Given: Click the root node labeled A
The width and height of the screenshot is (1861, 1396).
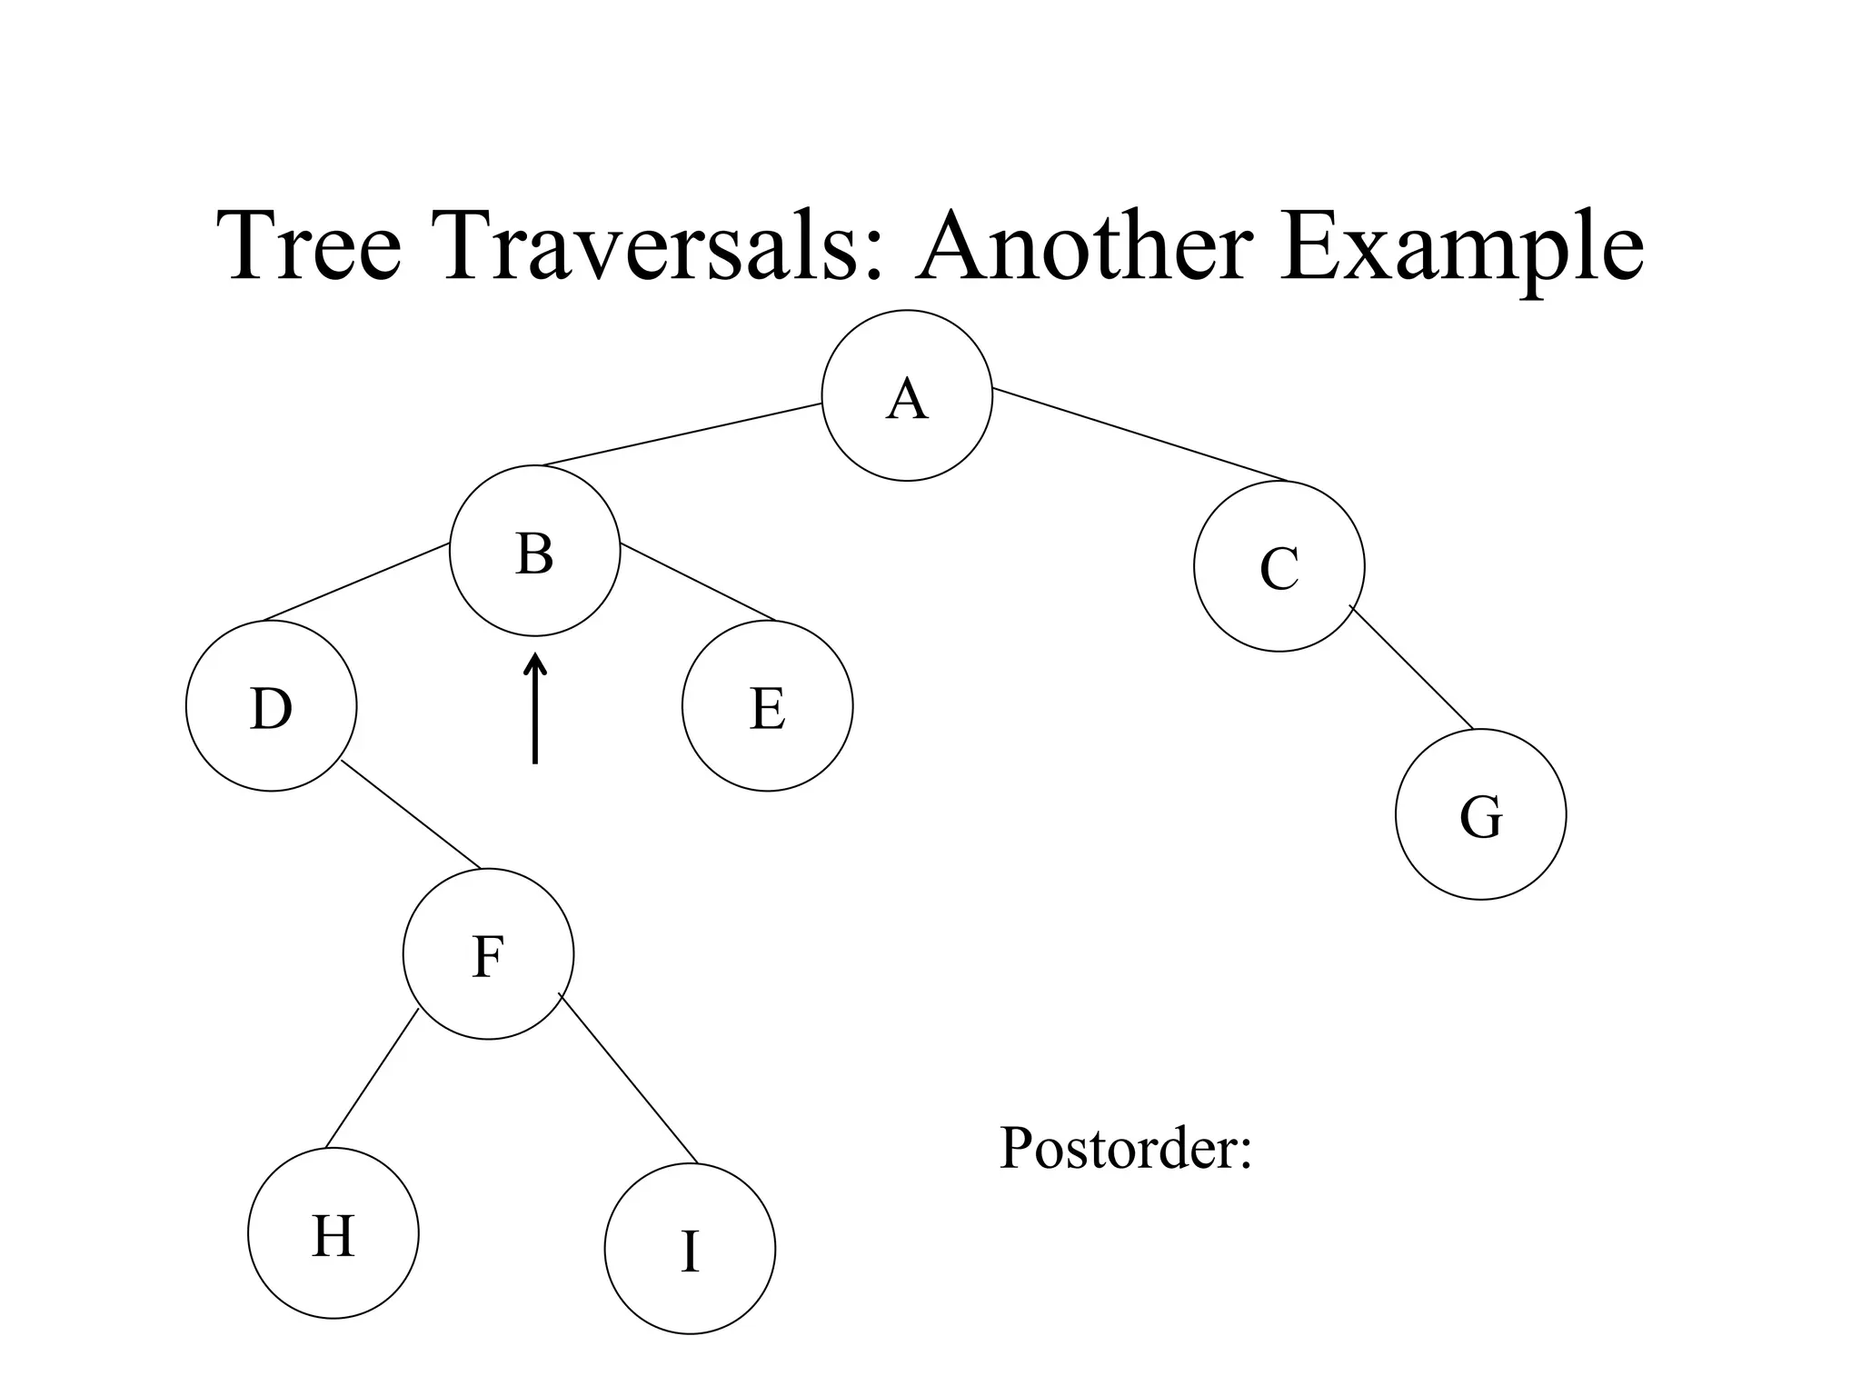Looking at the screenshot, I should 907,395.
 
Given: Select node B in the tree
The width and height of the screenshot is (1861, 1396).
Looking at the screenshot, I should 534,551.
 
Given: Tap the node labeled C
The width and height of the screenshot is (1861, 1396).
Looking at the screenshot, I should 1279,566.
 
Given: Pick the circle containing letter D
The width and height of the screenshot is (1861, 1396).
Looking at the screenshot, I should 271,706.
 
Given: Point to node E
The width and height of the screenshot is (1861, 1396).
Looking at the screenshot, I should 767,706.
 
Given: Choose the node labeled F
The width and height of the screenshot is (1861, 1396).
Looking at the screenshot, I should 488,953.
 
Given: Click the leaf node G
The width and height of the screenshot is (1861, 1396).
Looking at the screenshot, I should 1480,814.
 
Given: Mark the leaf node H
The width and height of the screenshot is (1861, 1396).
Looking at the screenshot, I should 333,1233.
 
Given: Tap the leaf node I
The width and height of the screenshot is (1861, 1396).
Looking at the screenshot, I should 690,1249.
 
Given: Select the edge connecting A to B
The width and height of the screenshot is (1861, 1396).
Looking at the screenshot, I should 682,434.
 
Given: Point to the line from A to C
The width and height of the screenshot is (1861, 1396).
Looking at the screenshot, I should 1140,434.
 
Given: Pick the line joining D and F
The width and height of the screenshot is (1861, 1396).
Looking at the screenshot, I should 411,814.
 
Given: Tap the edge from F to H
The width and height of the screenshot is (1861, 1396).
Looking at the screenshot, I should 372,1079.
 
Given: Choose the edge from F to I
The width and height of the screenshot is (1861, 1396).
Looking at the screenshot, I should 628,1079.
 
